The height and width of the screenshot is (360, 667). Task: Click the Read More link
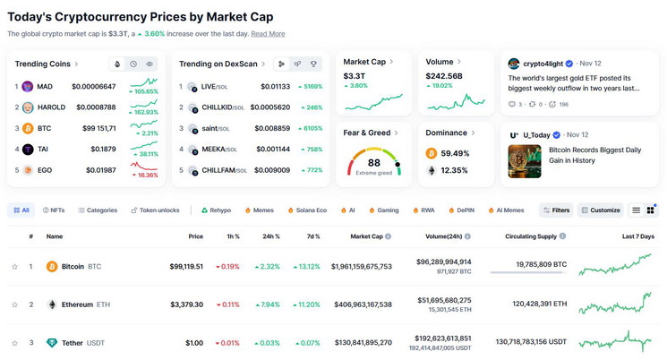point(268,34)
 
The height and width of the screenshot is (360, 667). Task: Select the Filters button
point(556,210)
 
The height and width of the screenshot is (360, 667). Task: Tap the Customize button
point(600,210)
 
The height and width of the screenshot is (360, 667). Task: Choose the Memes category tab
point(260,210)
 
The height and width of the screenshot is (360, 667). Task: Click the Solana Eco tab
point(307,210)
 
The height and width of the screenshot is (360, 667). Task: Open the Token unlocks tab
point(155,210)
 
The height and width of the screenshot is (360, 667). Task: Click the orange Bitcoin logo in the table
point(52,266)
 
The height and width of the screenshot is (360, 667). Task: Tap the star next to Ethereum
point(15,304)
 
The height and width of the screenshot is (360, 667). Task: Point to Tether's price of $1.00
point(194,343)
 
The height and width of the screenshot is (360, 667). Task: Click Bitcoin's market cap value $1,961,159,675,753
point(362,266)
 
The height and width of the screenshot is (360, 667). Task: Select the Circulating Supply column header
point(531,236)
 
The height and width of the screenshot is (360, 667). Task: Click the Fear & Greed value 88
point(374,163)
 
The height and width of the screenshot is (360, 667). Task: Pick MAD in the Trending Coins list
point(45,86)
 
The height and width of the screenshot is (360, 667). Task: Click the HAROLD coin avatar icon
point(28,107)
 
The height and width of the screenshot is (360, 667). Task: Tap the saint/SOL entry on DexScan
point(215,128)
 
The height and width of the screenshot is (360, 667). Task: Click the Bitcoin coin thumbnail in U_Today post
point(525,161)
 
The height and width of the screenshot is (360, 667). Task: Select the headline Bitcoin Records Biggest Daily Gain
point(594,155)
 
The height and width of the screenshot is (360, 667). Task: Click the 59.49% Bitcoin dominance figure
point(455,153)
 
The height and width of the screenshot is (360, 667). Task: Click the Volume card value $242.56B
point(444,76)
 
